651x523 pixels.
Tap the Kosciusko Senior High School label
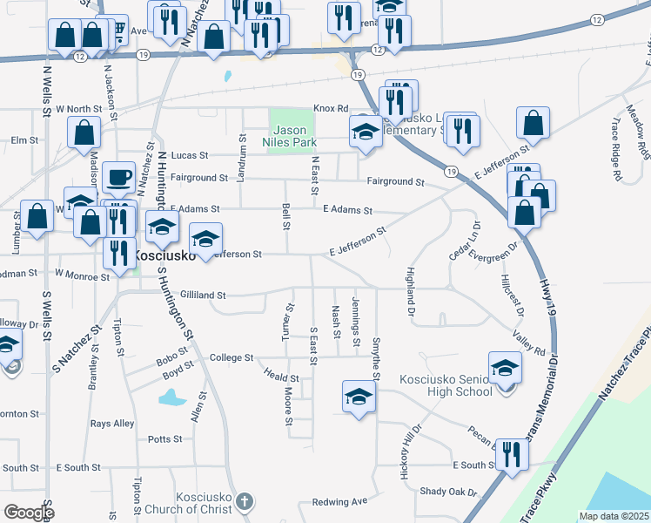point(446,385)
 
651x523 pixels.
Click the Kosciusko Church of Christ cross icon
point(245,501)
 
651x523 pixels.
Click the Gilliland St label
point(203,295)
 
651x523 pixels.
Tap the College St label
point(231,357)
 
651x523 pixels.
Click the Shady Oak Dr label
point(447,492)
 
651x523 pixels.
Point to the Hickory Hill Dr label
point(412,447)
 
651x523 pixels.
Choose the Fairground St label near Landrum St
point(199,177)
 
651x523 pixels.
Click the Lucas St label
point(190,155)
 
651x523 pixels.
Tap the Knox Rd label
point(331,108)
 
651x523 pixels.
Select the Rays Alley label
point(112,424)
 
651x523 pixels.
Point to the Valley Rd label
point(529,346)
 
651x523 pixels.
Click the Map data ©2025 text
point(613,516)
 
